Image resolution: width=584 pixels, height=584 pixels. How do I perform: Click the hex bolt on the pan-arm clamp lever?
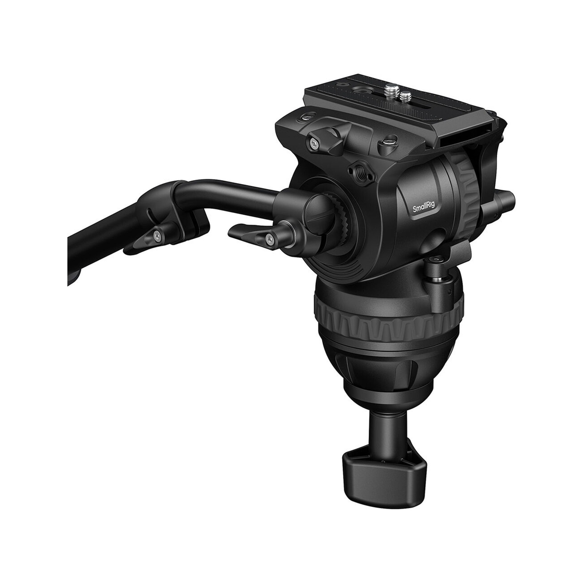click(x=269, y=240)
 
